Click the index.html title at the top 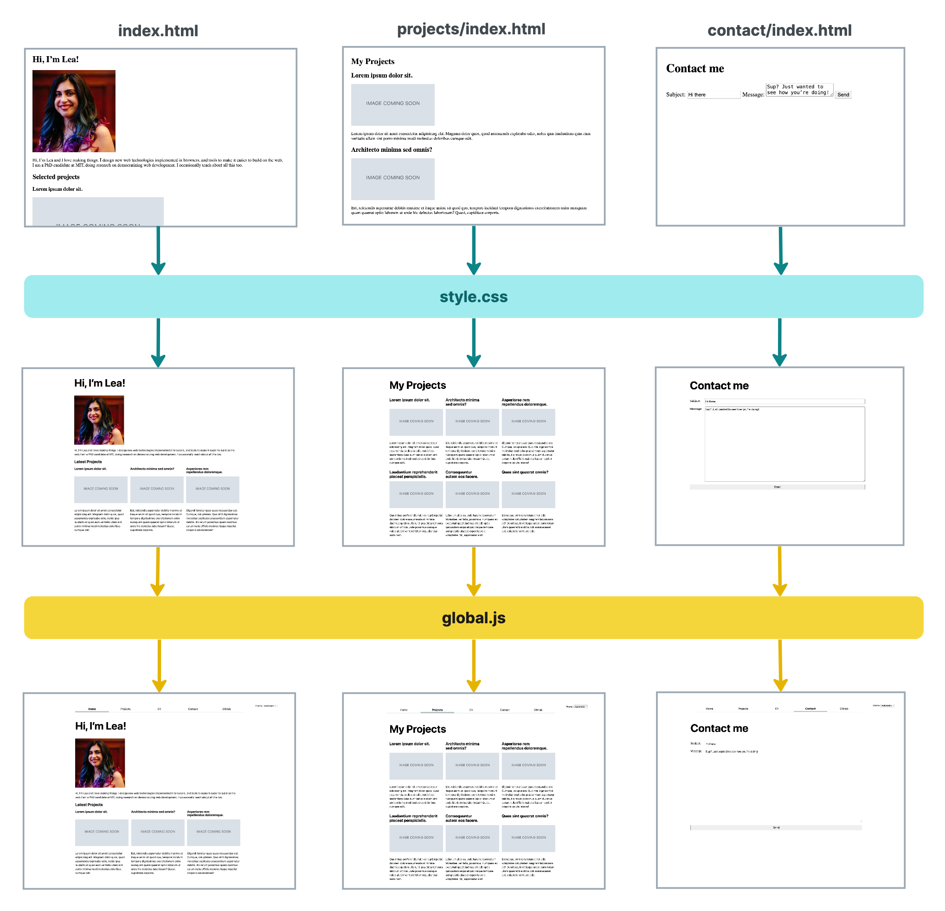158,31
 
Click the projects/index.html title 470,29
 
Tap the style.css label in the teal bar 473,297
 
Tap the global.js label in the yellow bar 473,618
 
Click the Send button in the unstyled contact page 843,95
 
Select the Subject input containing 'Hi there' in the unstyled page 713,95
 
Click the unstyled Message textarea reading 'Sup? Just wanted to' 798,90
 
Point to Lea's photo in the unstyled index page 74,111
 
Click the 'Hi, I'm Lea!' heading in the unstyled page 56,59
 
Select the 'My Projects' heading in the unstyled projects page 372,61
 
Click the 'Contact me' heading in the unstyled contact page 695,69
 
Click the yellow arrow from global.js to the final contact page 780,665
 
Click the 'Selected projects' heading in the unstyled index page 56,177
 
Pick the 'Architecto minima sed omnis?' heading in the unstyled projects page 391,149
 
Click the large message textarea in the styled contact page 784,444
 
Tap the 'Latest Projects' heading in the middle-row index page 88,461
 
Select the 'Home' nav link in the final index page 91,709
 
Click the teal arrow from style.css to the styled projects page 474,342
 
